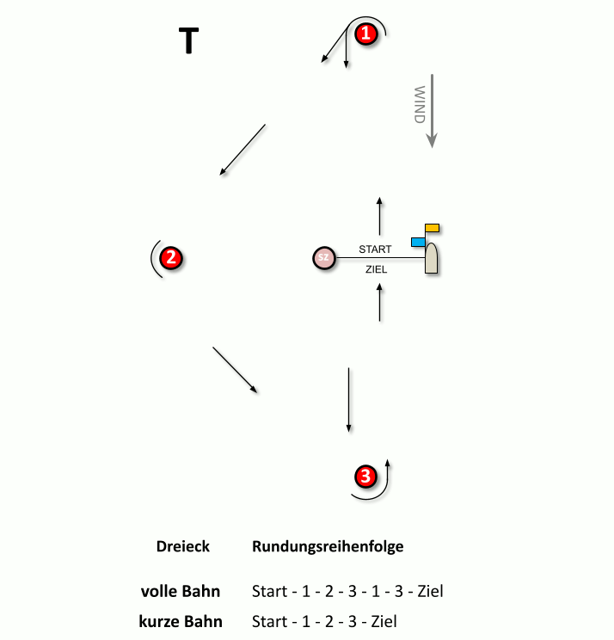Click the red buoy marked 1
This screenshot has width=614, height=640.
366,34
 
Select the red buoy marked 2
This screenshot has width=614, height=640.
171,258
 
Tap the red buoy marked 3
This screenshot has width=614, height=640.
365,476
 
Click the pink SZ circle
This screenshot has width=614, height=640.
324,257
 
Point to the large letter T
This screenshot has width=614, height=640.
188,40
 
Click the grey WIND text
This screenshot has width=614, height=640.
420,104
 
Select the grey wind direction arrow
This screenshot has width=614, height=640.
432,111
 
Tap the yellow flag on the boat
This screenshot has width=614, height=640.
432,228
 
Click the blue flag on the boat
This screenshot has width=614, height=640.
418,242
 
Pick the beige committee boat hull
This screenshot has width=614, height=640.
431,258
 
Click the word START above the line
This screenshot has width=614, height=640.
375,249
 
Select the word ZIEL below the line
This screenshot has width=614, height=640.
376,269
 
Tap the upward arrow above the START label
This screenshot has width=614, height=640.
379,216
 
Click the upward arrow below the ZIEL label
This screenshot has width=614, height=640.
379,303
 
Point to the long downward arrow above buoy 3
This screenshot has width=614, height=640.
348,400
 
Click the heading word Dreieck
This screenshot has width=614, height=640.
183,546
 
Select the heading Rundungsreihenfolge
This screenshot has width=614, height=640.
328,546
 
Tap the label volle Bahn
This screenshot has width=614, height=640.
181,591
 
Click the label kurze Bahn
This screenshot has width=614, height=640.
181,621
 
